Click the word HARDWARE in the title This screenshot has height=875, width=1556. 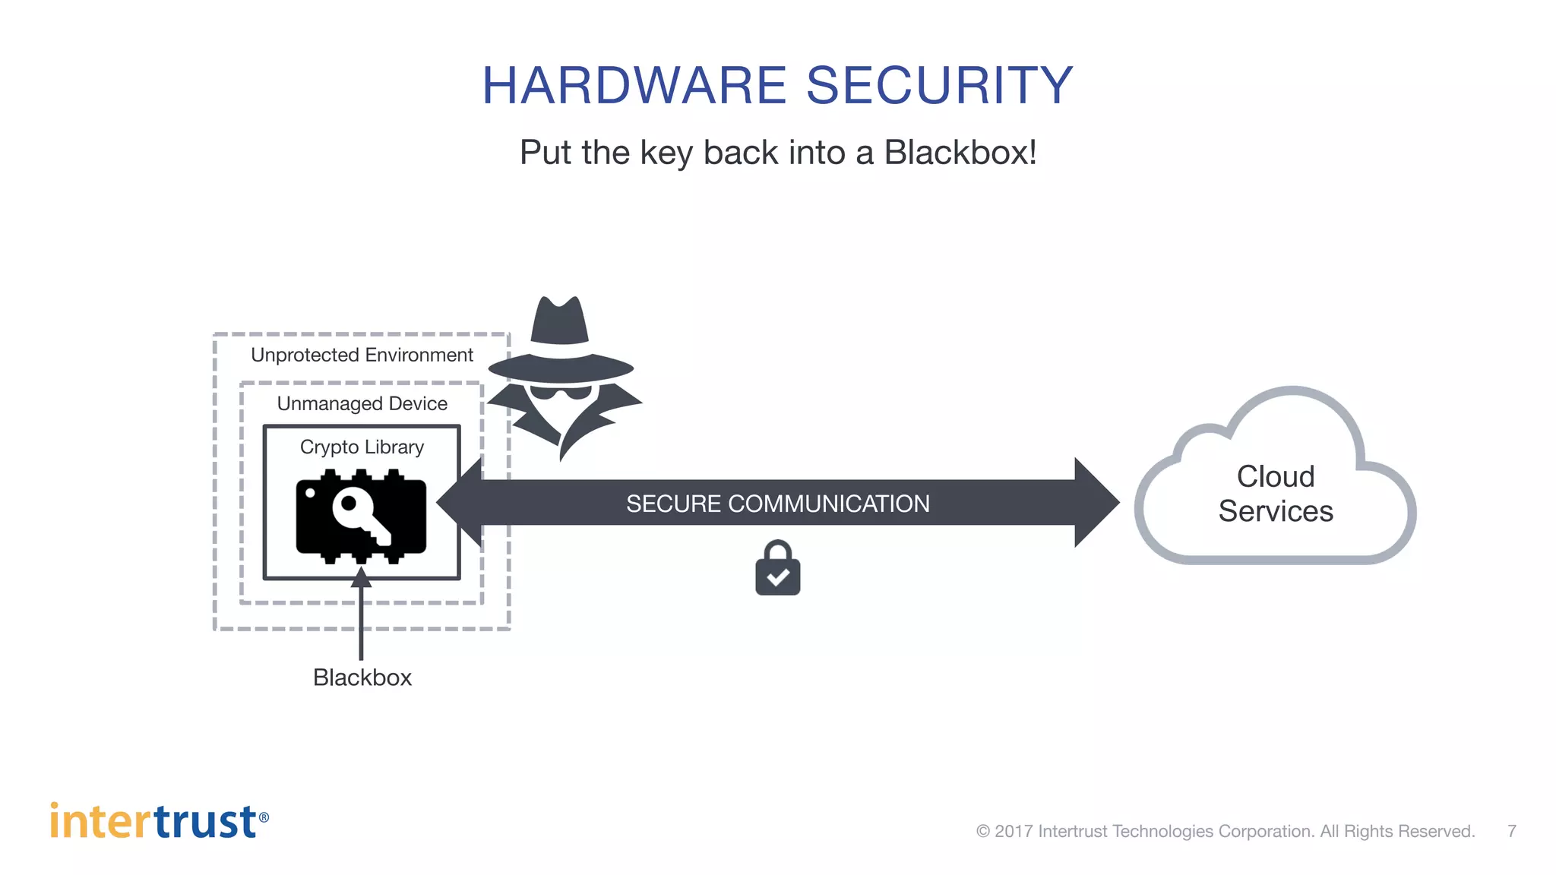(x=634, y=85)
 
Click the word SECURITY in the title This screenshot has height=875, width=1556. (x=939, y=85)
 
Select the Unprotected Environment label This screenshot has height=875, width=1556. (x=362, y=355)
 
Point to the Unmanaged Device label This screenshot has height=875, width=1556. (x=362, y=403)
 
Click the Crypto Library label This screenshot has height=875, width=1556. (x=362, y=447)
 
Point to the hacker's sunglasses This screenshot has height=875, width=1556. (x=561, y=393)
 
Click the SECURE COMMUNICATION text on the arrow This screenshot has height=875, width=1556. (x=777, y=504)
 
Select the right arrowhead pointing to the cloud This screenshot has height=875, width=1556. (x=1096, y=502)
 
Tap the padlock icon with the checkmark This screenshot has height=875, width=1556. (x=777, y=569)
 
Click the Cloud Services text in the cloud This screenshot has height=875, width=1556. (x=1276, y=494)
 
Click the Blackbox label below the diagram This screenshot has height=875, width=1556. (x=362, y=678)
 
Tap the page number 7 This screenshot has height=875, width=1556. (x=1512, y=831)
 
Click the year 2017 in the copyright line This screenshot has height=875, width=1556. (x=1014, y=831)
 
